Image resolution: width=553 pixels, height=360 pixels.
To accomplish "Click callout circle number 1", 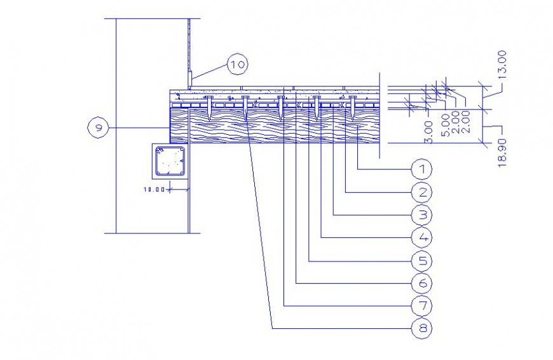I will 421,169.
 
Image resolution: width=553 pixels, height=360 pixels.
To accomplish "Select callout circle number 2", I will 421,191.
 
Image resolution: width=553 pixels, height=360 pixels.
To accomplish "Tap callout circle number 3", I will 421,214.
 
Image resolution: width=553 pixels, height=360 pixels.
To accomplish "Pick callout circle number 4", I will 421,237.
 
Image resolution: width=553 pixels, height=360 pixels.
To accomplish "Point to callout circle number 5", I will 421,260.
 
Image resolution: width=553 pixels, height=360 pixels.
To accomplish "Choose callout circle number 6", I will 421,283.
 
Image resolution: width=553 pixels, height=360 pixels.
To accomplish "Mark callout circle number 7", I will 421,306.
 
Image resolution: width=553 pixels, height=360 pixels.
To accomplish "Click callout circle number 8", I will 421,328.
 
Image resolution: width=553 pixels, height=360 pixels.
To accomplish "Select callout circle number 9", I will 98,128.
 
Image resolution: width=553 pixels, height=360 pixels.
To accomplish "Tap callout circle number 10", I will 237,64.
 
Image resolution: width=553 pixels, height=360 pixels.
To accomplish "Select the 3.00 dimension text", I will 429,132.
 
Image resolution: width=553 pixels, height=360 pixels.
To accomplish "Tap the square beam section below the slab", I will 169,162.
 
